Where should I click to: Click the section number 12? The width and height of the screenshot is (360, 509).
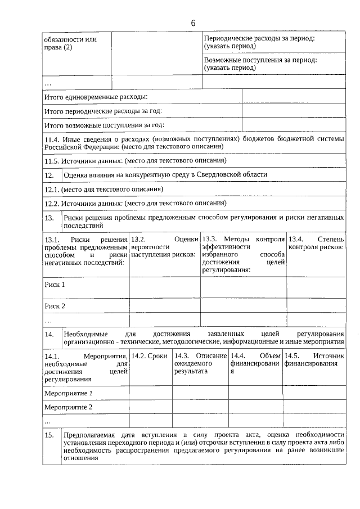pos(49,175)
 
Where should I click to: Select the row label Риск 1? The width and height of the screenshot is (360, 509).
pos(55,285)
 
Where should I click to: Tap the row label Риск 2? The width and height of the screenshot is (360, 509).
pos(55,306)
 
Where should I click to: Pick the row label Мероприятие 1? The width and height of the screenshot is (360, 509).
pos(68,393)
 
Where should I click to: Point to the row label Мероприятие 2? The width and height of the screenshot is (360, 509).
pos(68,407)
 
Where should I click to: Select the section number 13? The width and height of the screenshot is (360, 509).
pos(49,218)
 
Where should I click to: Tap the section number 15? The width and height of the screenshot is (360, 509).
pos(49,435)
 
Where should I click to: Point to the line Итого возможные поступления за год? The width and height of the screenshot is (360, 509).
pos(104,125)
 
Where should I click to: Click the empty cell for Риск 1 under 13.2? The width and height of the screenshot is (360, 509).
pos(165,287)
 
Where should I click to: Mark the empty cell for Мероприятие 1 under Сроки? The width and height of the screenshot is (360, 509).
pos(151,393)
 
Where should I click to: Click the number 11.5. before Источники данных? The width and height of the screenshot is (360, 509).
pos(52,160)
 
